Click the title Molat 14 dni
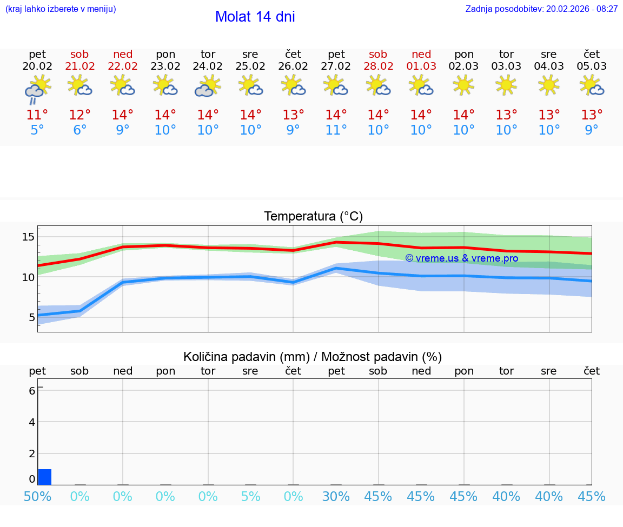(255, 17)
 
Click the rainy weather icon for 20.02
(37, 88)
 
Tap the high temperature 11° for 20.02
(37, 115)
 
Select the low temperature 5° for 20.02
(37, 130)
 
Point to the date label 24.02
(208, 66)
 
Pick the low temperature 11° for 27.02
(336, 130)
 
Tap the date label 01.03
(421, 66)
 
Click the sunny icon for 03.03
(506, 85)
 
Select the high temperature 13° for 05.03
(592, 115)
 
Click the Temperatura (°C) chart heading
(313, 217)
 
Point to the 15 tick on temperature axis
(29, 237)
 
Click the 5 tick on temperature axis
(32, 317)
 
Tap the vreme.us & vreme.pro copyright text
(461, 258)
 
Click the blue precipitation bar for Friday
(45, 477)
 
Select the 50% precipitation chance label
(37, 497)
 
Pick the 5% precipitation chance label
(250, 497)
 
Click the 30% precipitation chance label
(336, 497)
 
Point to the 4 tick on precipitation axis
(32, 422)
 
